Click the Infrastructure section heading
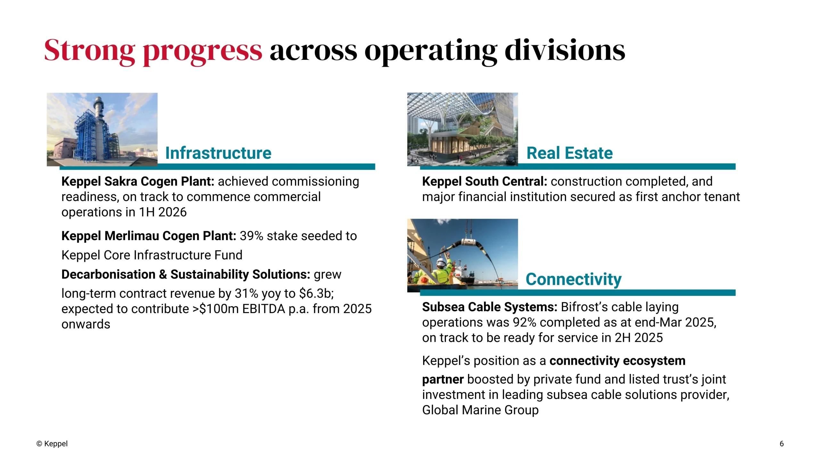click(218, 153)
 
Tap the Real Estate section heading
click(570, 153)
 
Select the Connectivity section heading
click(573, 279)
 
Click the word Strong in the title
click(89, 50)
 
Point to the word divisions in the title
click(565, 50)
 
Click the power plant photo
click(102, 129)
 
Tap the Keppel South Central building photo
click(463, 129)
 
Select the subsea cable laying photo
click(463, 255)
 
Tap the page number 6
click(782, 444)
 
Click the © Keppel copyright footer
click(52, 444)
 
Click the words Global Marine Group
click(480, 410)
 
